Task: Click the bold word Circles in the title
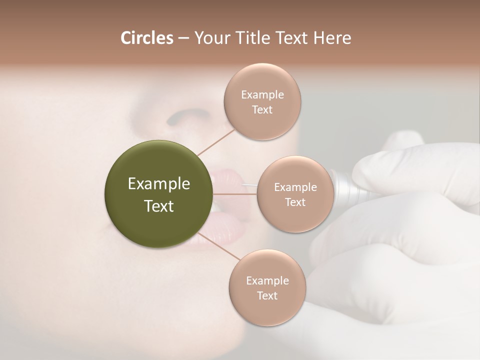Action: tap(146, 38)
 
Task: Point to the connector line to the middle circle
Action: tap(235, 194)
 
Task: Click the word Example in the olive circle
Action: tap(159, 184)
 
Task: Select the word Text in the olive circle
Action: tap(159, 206)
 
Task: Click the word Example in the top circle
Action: tap(262, 95)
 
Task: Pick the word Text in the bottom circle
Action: tap(267, 295)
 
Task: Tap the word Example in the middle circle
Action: tap(295, 187)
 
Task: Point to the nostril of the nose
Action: tap(179, 117)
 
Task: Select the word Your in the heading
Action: tap(210, 38)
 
